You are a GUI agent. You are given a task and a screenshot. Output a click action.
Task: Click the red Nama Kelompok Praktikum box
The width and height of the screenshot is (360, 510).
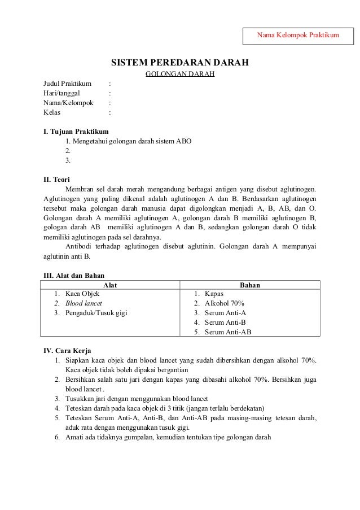[298, 36]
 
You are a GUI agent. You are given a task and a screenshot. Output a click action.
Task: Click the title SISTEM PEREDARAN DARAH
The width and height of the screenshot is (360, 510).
[179, 62]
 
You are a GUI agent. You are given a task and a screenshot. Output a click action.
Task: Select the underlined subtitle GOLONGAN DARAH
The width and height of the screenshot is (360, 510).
[180, 74]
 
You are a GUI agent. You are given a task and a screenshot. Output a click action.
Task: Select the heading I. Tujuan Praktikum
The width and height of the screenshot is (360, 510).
[76, 132]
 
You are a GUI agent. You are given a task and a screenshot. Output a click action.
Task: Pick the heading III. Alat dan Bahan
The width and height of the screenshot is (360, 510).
[74, 276]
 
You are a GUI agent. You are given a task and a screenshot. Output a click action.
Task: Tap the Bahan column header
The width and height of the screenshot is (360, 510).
[250, 285]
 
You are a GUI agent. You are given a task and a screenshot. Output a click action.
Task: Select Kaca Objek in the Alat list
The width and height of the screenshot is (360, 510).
[82, 294]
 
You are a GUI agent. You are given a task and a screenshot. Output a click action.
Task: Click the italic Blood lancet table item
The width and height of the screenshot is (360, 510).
[84, 303]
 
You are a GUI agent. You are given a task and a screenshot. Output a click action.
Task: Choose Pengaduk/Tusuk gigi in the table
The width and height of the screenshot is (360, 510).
[96, 313]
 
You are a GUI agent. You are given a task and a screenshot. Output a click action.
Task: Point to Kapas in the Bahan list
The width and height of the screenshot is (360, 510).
[214, 294]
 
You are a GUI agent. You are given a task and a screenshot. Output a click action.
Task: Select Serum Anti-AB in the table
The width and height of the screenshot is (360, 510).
[228, 332]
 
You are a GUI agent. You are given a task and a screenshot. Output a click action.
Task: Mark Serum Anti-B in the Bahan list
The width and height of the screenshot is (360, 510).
[225, 322]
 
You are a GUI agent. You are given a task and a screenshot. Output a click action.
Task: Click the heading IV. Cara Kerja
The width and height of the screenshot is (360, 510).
[67, 350]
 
